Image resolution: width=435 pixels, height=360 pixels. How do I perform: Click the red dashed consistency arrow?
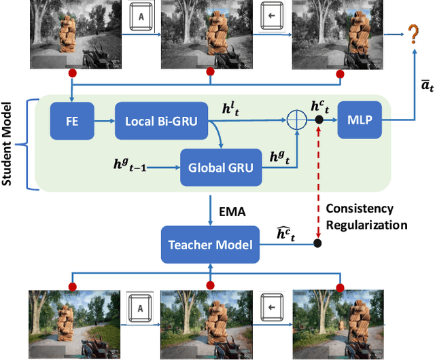click(x=318, y=183)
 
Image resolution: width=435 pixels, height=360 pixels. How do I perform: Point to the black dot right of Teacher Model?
click(x=318, y=242)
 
